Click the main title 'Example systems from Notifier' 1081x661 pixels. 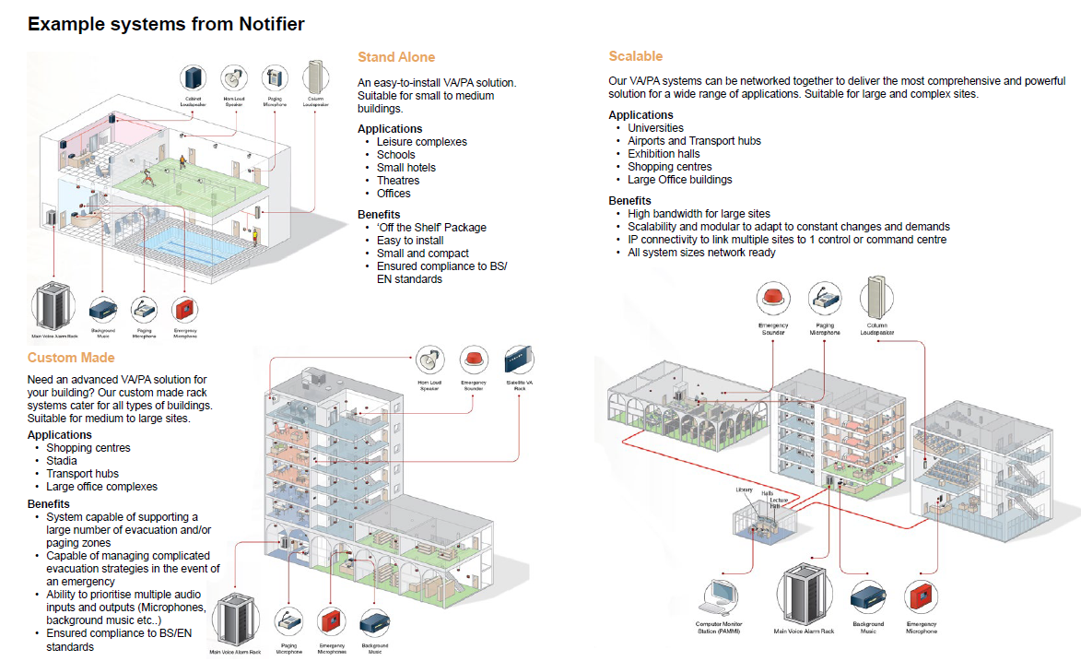[166, 23]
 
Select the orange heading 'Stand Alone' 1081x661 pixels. [396, 57]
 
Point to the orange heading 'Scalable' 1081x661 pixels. [636, 56]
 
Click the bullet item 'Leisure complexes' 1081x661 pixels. [421, 142]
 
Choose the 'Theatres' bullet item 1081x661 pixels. [397, 181]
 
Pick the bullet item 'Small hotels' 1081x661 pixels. [405, 168]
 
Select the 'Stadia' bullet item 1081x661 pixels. [62, 461]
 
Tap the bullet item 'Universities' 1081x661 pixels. [655, 128]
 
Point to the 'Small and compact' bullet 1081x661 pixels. [422, 254]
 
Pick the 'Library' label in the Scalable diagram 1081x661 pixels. [745, 490]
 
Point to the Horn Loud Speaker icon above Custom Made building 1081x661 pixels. [429, 360]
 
